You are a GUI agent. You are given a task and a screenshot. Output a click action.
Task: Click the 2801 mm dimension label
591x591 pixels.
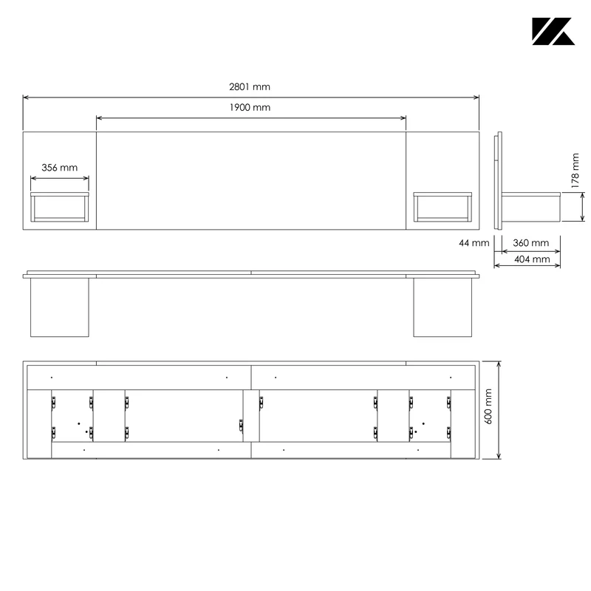click(250, 86)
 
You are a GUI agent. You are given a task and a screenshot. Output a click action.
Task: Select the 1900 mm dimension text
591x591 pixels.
click(250, 107)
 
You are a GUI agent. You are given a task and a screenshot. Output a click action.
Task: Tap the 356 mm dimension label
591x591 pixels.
click(60, 168)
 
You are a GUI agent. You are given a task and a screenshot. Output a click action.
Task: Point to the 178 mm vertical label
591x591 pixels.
click(575, 171)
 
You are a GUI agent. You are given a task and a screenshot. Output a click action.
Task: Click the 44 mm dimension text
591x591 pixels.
click(474, 243)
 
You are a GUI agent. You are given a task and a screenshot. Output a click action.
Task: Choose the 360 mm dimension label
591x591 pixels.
click(530, 243)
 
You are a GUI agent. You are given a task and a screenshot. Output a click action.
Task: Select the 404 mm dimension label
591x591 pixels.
click(532, 259)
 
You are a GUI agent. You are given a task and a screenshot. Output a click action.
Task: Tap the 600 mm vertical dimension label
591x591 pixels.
click(488, 407)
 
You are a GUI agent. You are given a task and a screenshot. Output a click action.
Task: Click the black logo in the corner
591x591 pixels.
click(553, 31)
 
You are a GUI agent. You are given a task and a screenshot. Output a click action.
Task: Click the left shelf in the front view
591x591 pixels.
click(60, 207)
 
